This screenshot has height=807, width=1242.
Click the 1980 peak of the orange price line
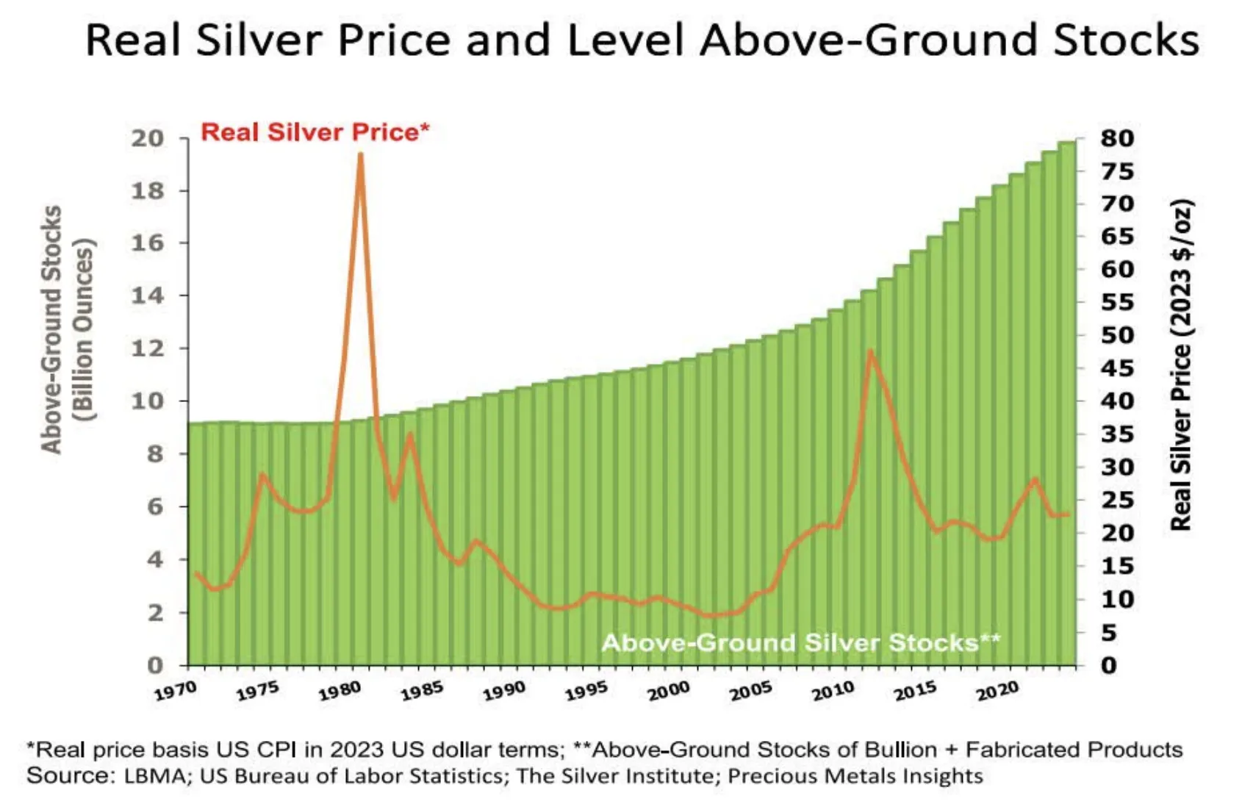pyautogui.click(x=360, y=155)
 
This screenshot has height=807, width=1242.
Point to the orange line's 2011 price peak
pyautogui.click(x=870, y=352)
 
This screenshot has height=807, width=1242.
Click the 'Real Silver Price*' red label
pyautogui.click(x=315, y=132)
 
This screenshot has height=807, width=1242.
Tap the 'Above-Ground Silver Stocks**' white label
pyautogui.click(x=800, y=642)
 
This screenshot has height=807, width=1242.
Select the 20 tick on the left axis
pyautogui.click(x=147, y=138)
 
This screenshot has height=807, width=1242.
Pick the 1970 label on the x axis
pyautogui.click(x=176, y=691)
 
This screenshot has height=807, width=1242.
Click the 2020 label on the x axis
pyautogui.click(x=997, y=691)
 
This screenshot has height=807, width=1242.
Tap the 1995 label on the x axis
pyautogui.click(x=586, y=691)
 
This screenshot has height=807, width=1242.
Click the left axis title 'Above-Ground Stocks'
pyautogui.click(x=51, y=329)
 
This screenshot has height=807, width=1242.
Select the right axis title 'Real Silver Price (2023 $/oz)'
pyautogui.click(x=1180, y=365)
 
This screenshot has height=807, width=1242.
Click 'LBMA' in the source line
pyautogui.click(x=156, y=776)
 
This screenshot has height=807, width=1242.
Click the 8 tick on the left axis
pyautogui.click(x=155, y=454)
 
